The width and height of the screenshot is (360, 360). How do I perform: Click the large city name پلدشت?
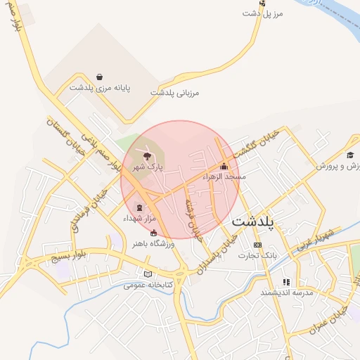click(x=255, y=221)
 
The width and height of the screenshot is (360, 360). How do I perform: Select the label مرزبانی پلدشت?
click(x=175, y=93)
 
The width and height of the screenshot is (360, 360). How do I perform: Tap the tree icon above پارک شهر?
click(x=147, y=156)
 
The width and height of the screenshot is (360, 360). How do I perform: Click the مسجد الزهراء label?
click(x=224, y=177)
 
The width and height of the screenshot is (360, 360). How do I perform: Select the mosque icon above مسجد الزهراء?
click(x=224, y=167)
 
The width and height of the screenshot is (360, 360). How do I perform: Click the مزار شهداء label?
click(x=139, y=219)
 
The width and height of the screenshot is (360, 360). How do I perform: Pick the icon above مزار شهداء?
click(x=138, y=207)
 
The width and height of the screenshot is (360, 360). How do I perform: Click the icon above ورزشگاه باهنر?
click(x=154, y=233)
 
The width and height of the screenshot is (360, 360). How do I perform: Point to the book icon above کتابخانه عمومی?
click(x=147, y=274)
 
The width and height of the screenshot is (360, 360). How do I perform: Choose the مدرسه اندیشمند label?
click(x=286, y=292)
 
